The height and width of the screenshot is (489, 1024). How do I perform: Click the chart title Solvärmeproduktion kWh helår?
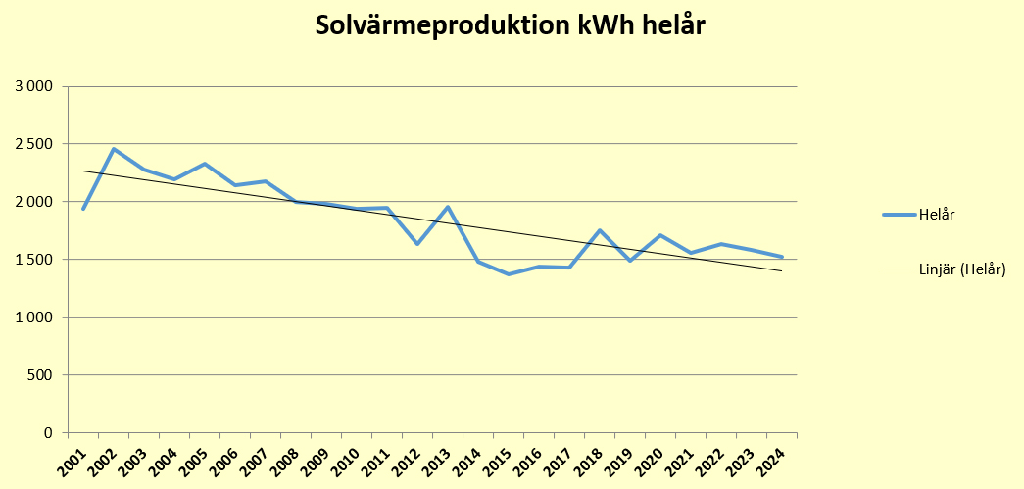coord(511,26)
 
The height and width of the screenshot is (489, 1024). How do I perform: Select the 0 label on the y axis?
coord(47,433)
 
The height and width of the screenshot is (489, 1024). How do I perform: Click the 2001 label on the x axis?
coord(71,458)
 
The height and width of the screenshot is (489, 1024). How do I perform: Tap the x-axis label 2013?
coord(435,458)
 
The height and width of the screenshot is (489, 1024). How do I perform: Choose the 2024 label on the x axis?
coord(769,458)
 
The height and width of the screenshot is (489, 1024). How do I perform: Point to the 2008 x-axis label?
coord(283,458)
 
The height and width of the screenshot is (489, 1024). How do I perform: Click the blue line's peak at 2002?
coord(114,149)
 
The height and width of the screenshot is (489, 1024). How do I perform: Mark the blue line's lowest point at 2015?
coord(509,274)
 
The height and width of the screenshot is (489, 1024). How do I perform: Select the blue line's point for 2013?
coord(448,207)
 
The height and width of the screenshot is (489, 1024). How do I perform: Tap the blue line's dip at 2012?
coord(417,244)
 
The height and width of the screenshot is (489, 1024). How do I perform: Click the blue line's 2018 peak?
coord(600,230)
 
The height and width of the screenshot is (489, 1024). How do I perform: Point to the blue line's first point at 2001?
coord(83,209)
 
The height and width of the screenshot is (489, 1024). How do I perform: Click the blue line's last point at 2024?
coord(782,257)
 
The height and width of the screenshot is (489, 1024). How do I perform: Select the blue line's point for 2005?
coord(205,164)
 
